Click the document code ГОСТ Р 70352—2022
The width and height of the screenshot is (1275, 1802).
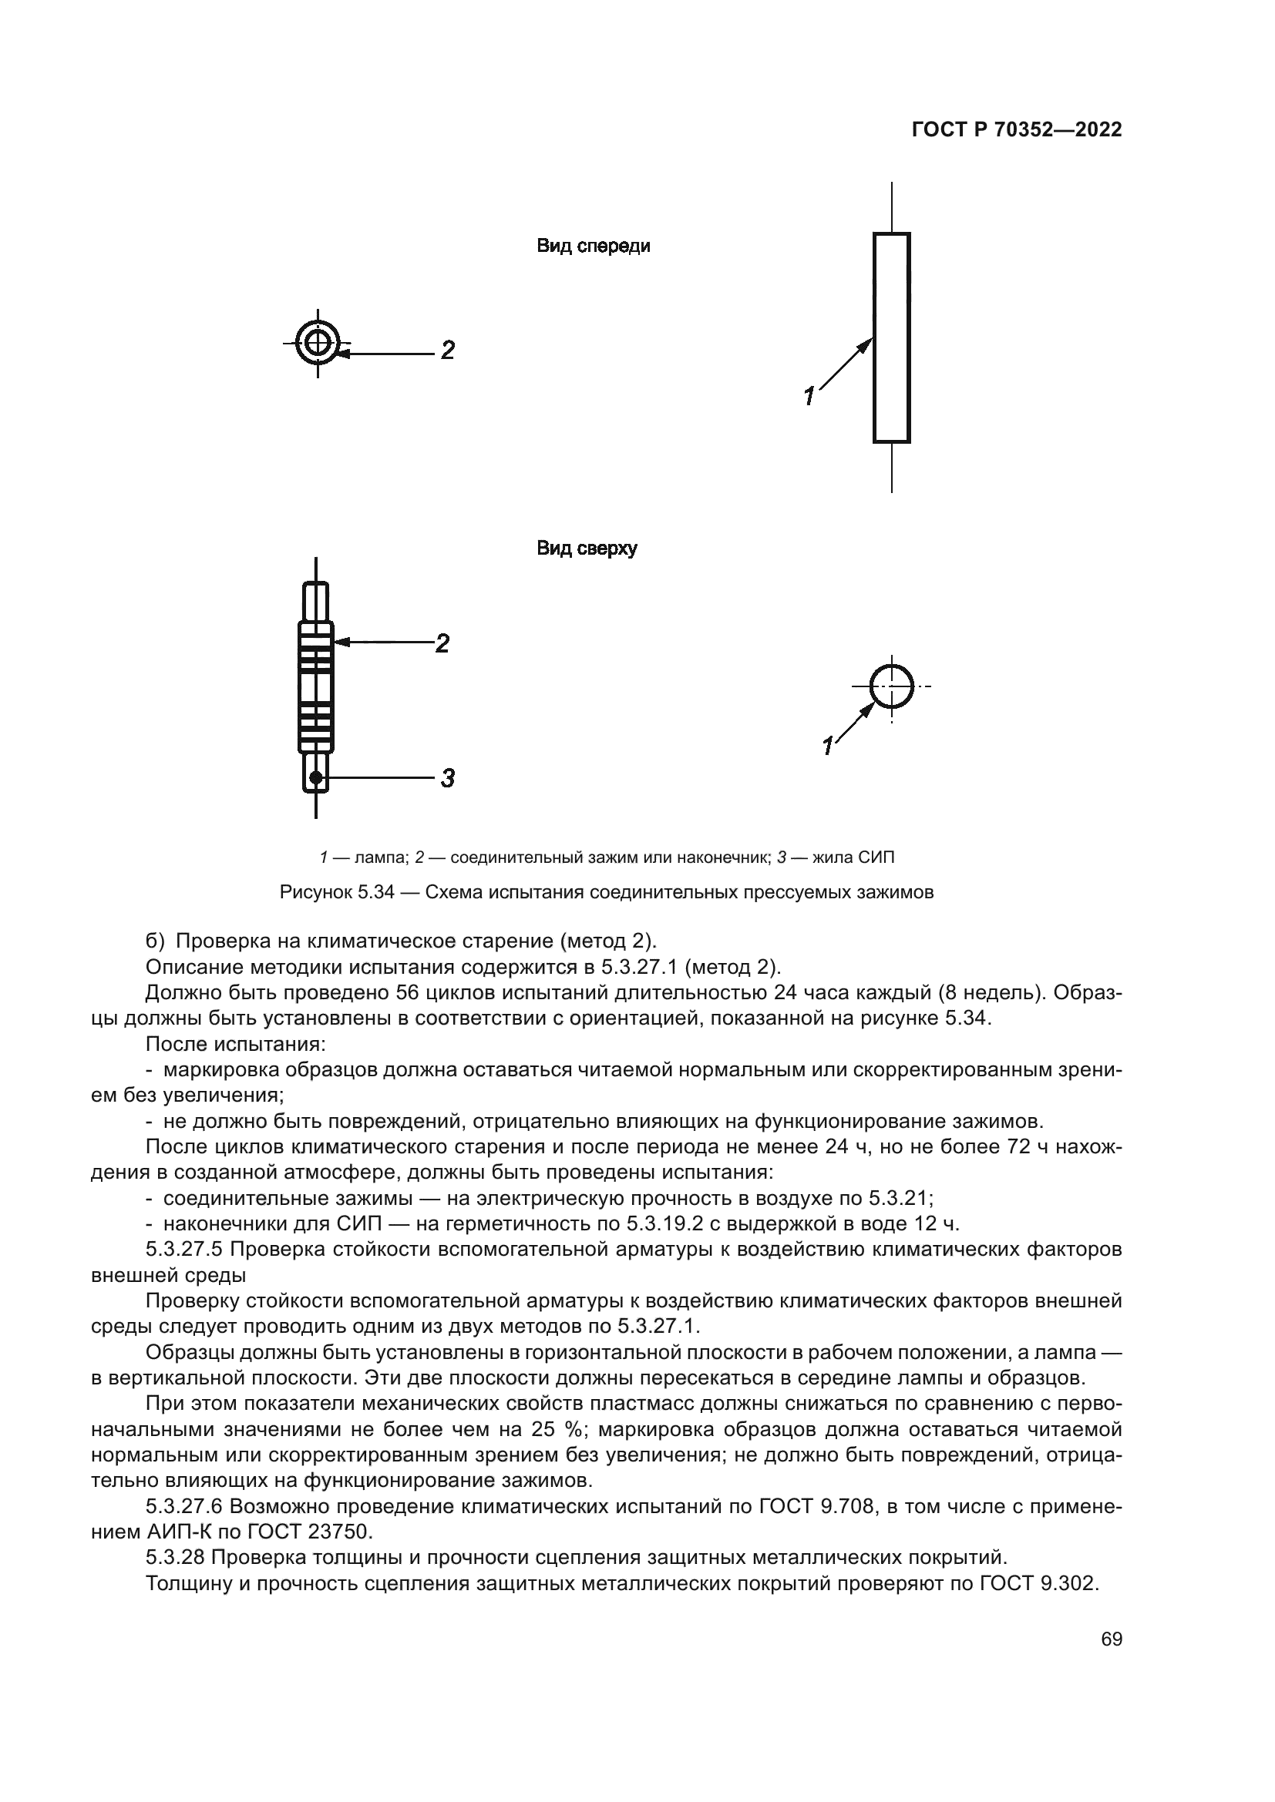(x=1016, y=130)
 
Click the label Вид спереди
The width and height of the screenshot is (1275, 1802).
(x=593, y=247)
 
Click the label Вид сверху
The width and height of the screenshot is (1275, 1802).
(x=587, y=549)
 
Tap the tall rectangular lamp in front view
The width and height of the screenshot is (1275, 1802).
(x=891, y=337)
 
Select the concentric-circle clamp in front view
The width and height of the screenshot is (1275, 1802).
(x=317, y=343)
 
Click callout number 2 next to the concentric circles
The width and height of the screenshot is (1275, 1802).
(x=447, y=350)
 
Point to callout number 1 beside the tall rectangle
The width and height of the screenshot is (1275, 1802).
(x=809, y=396)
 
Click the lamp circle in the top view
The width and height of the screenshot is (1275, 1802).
(x=891, y=686)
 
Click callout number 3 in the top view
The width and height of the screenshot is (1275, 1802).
(x=447, y=779)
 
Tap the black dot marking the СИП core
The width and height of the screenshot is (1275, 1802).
(x=315, y=778)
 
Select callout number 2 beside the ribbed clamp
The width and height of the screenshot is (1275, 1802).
(x=442, y=643)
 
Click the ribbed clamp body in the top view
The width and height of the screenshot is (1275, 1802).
(x=315, y=686)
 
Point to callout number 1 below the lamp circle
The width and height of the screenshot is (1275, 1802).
(x=826, y=745)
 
